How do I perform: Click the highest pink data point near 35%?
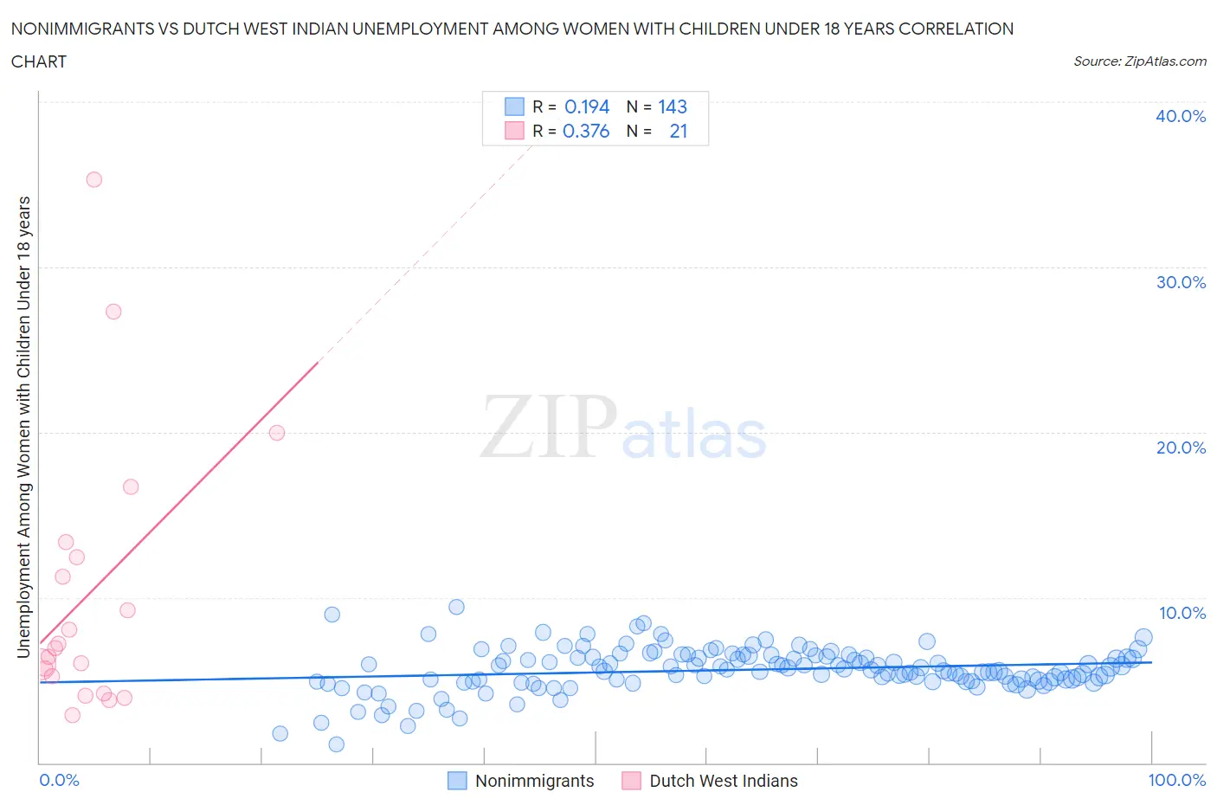93,179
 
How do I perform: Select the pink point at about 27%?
113,312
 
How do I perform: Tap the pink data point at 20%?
277,433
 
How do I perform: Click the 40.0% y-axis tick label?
1181,116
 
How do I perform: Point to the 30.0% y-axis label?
1181,282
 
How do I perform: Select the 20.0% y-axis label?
1181,448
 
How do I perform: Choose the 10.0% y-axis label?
1182,613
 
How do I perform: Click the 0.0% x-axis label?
59,780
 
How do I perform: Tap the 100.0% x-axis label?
1176,780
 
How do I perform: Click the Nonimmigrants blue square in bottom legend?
457,781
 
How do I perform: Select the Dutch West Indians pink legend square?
632,781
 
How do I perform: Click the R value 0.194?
587,106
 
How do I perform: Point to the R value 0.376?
586,131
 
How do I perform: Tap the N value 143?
673,106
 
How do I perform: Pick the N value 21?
679,131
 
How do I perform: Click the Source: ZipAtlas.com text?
1140,61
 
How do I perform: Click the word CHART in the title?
39,61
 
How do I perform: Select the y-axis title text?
23,427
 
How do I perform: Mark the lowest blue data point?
337,744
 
